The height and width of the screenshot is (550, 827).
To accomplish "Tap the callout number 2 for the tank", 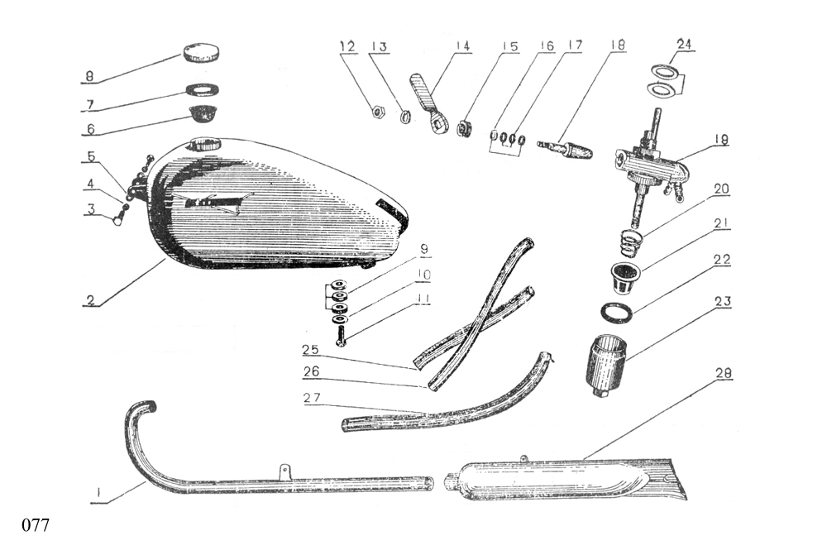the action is point(91,300).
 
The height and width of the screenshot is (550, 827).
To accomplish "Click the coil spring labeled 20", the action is point(630,242).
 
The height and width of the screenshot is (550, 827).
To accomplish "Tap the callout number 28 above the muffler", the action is point(724,373).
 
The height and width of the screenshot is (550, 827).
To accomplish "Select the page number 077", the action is point(36,525).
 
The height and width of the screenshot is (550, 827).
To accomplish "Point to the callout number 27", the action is point(313,398).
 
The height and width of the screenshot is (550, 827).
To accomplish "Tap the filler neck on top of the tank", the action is point(204,144).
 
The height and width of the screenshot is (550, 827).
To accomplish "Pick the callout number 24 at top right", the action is point(684,45).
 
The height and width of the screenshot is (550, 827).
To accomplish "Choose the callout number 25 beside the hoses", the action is point(311,349).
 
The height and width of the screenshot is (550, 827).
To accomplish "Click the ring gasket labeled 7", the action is point(201,89).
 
